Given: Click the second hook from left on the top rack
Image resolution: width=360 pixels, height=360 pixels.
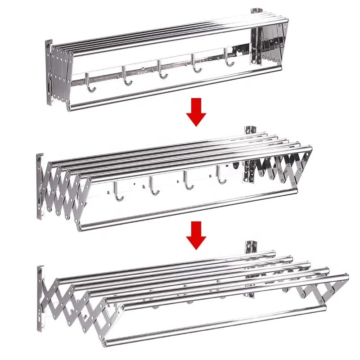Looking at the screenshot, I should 126,76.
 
